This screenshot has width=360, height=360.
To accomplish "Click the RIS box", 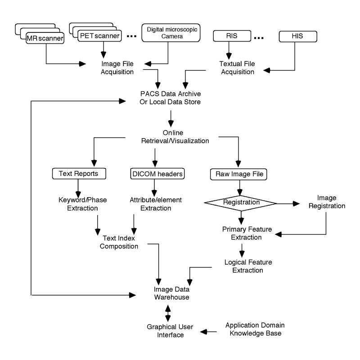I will (233, 34).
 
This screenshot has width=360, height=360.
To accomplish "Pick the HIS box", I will (297, 34).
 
